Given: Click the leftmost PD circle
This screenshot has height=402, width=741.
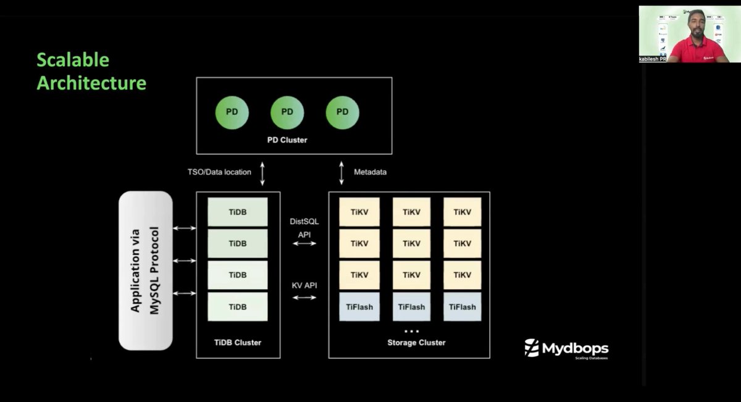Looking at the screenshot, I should [232, 112].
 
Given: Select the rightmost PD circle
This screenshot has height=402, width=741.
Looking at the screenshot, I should [342, 112].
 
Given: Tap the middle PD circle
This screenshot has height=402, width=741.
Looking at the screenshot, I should [287, 112].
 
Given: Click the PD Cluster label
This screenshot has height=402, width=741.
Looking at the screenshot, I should [287, 140].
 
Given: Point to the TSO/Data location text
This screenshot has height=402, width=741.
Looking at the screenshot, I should [219, 172].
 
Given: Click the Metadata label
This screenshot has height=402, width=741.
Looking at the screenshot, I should [371, 172].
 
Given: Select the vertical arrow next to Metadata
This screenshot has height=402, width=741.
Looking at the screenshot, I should [342, 172].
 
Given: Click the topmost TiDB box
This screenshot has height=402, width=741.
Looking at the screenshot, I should [238, 212].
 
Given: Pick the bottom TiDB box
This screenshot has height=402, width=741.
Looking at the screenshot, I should [238, 306].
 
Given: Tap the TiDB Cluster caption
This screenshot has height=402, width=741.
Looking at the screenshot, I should [238, 342].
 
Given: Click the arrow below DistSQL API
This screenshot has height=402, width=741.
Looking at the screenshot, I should [304, 243].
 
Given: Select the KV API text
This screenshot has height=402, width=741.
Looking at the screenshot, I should [304, 285].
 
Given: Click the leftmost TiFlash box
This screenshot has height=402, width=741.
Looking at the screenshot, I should [358, 306].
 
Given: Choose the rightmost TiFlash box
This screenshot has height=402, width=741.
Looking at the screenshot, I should [462, 306].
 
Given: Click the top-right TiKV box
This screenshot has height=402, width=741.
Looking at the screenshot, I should [462, 212].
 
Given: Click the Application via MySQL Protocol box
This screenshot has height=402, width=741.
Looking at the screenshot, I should [145, 270].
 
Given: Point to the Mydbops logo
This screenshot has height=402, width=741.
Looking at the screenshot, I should [566, 348].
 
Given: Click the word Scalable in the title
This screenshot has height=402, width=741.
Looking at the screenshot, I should [73, 60].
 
